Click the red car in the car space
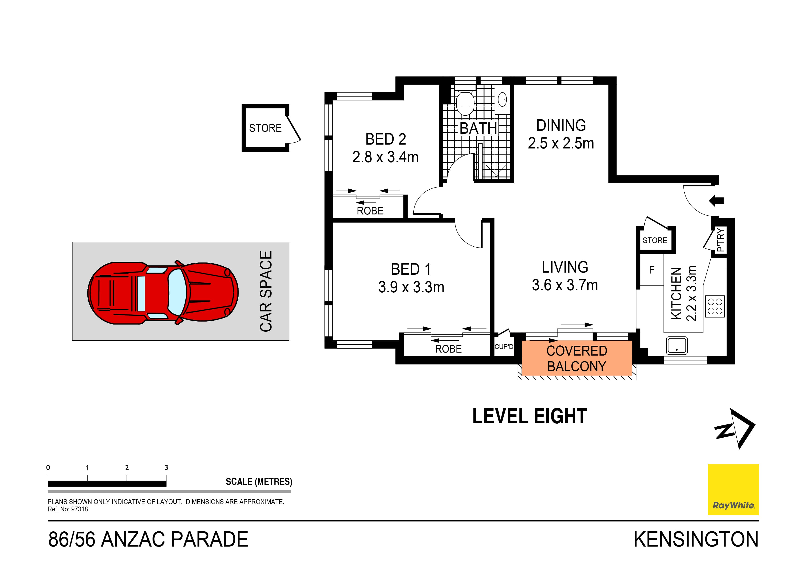[163, 293]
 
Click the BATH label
[478, 128]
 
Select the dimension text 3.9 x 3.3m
[411, 287]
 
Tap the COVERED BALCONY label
[576, 359]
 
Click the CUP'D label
[503, 347]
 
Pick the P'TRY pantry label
[720, 240]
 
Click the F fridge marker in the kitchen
[651, 270]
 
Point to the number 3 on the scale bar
[166, 467]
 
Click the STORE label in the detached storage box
[265, 128]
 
